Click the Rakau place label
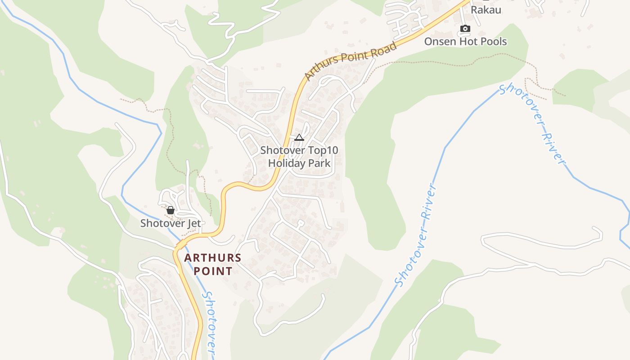tap(486, 9)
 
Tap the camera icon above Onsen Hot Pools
tap(465, 29)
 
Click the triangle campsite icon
tap(299, 137)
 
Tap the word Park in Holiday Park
tap(320, 163)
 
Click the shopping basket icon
tap(171, 210)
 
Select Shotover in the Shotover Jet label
tap(162, 223)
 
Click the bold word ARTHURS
tap(213, 258)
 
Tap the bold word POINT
tap(213, 271)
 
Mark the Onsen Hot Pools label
tap(465, 42)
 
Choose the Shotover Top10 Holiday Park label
tap(299, 157)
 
